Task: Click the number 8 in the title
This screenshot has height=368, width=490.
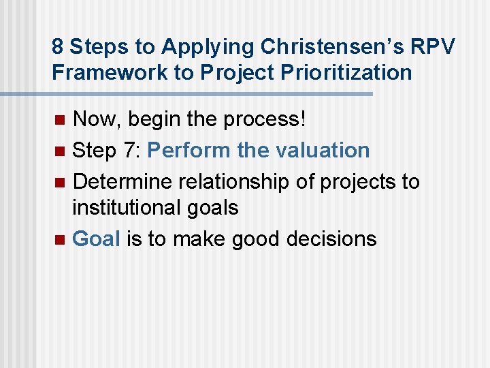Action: [58, 46]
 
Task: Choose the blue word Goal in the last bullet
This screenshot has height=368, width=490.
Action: [96, 239]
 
